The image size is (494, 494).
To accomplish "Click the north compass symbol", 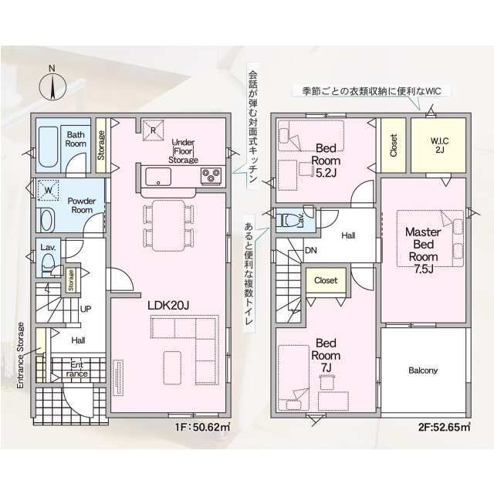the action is point(52,86).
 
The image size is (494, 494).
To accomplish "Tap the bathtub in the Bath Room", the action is point(48,147).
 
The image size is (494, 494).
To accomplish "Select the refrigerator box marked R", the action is point(153,130).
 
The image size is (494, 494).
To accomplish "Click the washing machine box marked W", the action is point(48,190).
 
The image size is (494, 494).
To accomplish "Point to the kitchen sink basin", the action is point(158,177).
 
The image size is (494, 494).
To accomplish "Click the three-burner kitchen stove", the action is point(211,176).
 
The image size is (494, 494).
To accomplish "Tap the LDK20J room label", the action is point(168,305).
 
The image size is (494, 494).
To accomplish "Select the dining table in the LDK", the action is point(168,225).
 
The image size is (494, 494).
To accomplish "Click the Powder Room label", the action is point(82,205).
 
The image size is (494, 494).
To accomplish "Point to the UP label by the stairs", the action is point(86,309).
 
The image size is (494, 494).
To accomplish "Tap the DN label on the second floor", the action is point(310,250).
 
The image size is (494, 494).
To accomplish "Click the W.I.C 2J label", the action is point(439,145).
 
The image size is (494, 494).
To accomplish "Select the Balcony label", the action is point(423,370).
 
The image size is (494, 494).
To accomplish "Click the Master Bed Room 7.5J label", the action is point(423,250).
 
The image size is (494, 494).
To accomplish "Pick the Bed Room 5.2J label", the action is point(326,161).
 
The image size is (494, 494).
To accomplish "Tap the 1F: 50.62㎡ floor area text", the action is point(202,428).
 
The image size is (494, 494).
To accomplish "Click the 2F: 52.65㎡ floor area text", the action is point(445,428).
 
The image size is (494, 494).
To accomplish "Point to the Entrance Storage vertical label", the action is point(21,355).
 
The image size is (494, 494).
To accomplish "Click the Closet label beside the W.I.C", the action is point(394,145).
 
